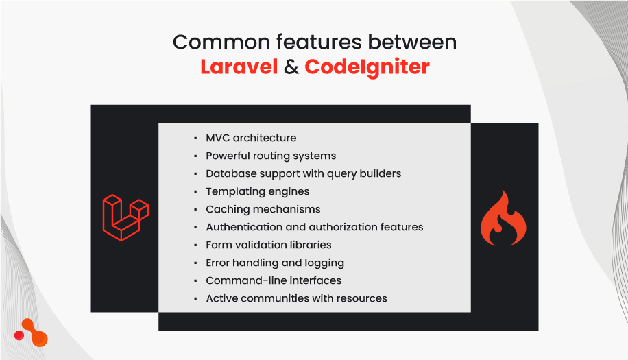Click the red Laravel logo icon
click(125, 218)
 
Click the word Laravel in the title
click(239, 67)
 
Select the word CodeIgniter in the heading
click(367, 67)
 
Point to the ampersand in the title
click(291, 67)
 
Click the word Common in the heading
click(215, 42)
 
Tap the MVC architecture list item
click(251, 138)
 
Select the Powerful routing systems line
click(271, 156)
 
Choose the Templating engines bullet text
click(257, 191)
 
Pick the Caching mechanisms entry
click(263, 209)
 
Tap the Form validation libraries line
click(268, 245)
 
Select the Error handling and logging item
click(274, 263)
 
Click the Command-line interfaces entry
click(273, 280)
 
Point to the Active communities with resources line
click(296, 298)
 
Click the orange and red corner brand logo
click(32, 333)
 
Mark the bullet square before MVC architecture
click(195, 139)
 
